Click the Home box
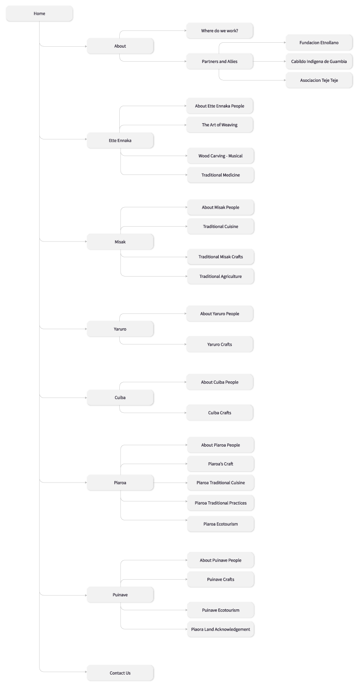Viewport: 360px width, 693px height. point(39,13)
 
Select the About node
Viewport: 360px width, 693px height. point(120,46)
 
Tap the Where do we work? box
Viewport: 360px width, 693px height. point(220,31)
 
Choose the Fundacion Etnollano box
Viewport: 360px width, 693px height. point(319,43)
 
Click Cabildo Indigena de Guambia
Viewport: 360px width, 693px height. point(319,62)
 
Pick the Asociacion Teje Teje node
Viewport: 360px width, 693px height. point(319,80)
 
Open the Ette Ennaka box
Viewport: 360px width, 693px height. point(120,140)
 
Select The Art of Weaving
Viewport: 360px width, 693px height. point(220,125)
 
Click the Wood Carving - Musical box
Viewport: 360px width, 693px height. point(220,156)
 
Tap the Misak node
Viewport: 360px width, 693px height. point(120,241)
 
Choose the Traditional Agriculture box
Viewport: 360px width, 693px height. point(220,276)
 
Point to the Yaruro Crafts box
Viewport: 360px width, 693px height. point(220,344)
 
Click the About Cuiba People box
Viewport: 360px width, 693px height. point(220,382)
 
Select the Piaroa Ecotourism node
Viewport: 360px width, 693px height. point(220,524)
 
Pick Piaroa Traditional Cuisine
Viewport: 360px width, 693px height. point(220,483)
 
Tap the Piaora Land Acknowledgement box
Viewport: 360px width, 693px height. point(220,629)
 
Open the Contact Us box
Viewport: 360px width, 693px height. point(120,673)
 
